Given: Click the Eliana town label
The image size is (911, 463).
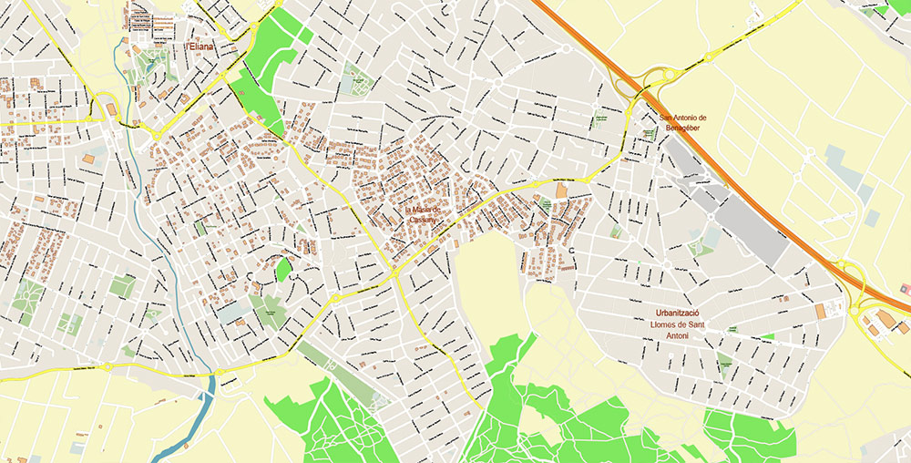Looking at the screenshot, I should click(x=200, y=46).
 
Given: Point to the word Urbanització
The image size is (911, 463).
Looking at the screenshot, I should click(x=682, y=313).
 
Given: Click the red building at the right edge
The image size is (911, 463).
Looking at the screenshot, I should click(x=903, y=287).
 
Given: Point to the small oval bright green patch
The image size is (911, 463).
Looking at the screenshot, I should click(x=283, y=270).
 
